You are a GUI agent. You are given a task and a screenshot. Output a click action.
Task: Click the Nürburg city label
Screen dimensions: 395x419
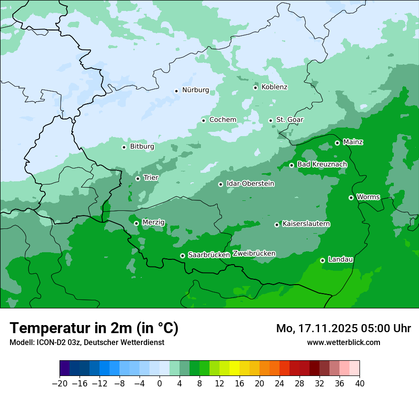tap(195, 90)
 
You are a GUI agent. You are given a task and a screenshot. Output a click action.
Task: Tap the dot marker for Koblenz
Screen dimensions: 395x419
tap(256, 88)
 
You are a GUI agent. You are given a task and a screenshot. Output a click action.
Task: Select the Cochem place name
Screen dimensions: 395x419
tap(222, 119)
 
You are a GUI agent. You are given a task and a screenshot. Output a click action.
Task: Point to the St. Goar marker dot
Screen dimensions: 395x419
tap(270, 120)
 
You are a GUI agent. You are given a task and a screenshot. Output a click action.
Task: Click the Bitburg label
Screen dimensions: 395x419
tap(142, 147)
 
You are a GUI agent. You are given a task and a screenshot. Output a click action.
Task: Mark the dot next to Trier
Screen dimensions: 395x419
tap(138, 178)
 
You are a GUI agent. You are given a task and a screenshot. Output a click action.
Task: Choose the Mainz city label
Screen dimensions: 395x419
tap(353, 142)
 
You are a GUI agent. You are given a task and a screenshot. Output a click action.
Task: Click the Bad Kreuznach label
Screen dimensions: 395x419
tap(322, 164)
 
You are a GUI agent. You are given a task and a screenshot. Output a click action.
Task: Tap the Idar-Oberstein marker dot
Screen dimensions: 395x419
tap(220, 184)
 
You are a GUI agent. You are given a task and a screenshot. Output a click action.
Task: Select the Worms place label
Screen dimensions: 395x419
tap(368, 197)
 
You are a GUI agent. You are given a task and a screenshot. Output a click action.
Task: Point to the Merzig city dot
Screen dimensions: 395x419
tap(136, 223)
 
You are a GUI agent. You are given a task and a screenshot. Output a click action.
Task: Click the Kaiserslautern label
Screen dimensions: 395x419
tap(306, 224)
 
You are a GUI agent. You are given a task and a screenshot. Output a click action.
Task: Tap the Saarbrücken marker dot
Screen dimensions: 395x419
tap(182, 256)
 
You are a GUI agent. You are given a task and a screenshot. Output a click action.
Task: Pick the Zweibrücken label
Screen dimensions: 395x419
tap(254, 253)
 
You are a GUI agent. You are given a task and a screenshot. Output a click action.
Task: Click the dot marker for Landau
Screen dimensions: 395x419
tap(322, 260)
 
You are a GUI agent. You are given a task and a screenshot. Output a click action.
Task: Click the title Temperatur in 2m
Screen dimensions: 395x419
tap(94, 328)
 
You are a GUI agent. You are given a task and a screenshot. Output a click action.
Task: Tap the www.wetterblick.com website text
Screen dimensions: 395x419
tap(343, 342)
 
